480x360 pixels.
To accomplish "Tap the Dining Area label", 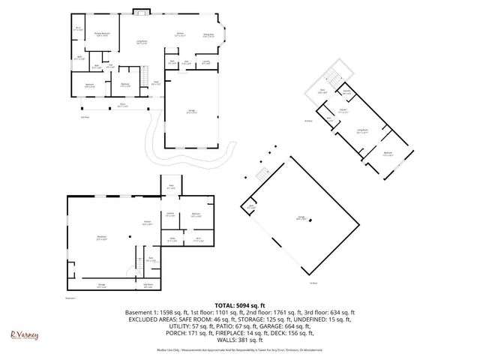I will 209,34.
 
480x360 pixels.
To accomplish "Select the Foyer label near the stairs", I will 156,82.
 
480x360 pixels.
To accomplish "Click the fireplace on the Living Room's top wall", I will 140,10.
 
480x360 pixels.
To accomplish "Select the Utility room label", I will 172,240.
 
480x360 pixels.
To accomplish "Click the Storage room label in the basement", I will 101,285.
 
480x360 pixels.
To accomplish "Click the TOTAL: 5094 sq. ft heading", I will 239,305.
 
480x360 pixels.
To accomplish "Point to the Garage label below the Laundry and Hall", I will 192,111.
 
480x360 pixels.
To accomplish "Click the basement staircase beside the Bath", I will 139,265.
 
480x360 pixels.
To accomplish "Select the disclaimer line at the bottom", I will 239,351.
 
